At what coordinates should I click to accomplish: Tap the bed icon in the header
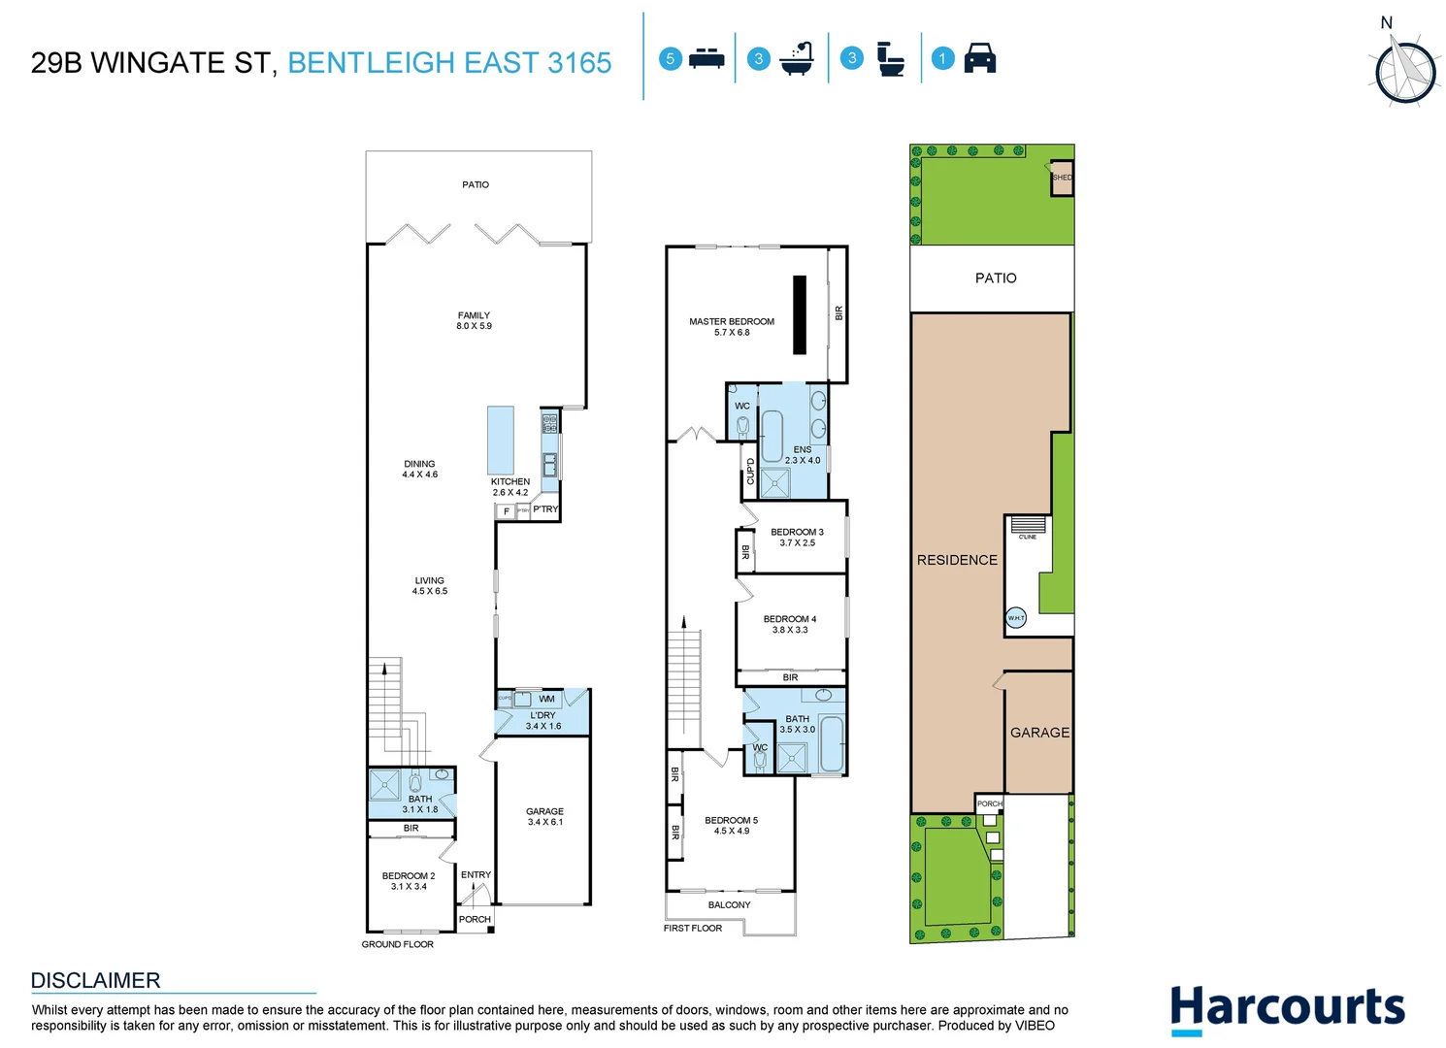pos(707,58)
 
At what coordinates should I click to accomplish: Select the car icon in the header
pos(979,58)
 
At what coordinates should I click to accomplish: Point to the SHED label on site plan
pos(1062,178)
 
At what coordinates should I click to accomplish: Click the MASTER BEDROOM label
pos(732,326)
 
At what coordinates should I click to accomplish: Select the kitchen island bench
pos(500,440)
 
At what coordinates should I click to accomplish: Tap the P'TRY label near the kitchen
pos(545,508)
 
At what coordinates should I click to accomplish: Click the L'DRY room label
pos(542,720)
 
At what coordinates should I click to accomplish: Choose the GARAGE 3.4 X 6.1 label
pos(544,816)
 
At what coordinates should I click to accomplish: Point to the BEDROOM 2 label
pos(409,880)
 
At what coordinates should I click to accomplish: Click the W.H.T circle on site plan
pos(1016,618)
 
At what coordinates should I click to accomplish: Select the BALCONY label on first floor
pos(729,904)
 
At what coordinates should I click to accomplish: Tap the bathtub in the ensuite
pos(772,436)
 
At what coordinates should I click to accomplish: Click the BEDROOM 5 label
pos(731,825)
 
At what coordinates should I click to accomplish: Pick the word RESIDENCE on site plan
pos(957,560)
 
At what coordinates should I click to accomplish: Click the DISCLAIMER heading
pos(95,980)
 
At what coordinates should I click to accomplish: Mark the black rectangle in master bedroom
pos(800,315)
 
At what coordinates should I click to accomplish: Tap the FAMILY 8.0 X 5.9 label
pos(474,320)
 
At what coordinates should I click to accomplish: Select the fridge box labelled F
pos(506,510)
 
